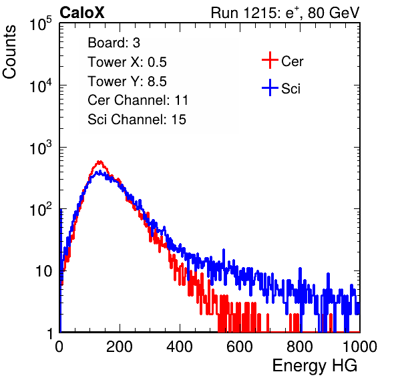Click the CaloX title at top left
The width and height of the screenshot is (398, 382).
click(82, 13)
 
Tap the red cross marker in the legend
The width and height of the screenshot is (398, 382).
click(270, 60)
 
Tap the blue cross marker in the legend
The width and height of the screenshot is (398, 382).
click(270, 87)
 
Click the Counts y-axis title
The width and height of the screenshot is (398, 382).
click(9, 52)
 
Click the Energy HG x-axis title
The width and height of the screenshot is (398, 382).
click(315, 366)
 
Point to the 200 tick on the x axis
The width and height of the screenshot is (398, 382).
click(120, 347)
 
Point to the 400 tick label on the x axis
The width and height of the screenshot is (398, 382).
click(180, 347)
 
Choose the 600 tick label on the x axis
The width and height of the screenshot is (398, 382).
click(240, 347)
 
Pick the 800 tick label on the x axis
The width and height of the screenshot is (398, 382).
click(300, 347)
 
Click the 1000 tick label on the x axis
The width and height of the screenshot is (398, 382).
click(360, 347)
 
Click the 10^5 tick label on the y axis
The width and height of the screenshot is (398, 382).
click(41, 24)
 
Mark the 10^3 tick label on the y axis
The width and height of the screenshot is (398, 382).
click(41, 148)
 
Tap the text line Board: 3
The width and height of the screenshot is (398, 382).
click(114, 43)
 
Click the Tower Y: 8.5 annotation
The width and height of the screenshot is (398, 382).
click(127, 81)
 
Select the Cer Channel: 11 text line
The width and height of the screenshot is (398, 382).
click(138, 100)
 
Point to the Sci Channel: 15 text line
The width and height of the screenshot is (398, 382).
click(137, 120)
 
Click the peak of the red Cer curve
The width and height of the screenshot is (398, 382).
click(100, 162)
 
